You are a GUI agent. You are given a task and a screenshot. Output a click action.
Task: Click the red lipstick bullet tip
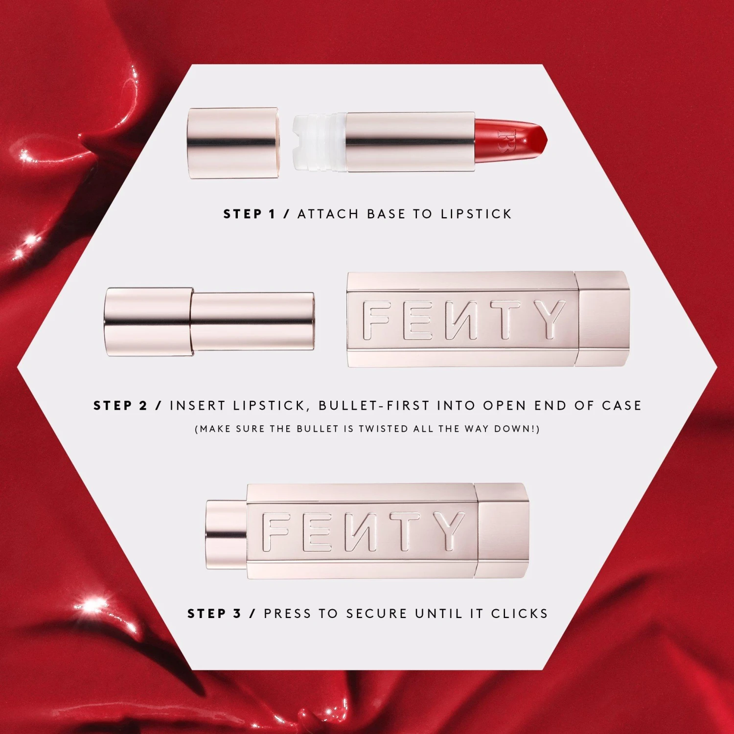coord(511,140)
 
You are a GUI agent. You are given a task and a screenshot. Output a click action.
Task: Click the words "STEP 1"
coord(250,214)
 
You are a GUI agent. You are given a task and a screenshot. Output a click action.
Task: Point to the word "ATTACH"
coord(328,214)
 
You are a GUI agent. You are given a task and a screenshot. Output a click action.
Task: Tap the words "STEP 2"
coord(120,406)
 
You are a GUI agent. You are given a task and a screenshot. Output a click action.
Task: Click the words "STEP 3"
coord(214,614)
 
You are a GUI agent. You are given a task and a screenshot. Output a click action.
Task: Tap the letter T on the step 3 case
coord(400,532)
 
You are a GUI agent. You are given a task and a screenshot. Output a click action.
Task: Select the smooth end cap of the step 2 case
coord(603,318)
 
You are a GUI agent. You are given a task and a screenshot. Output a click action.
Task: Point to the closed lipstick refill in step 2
coord(209,321)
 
